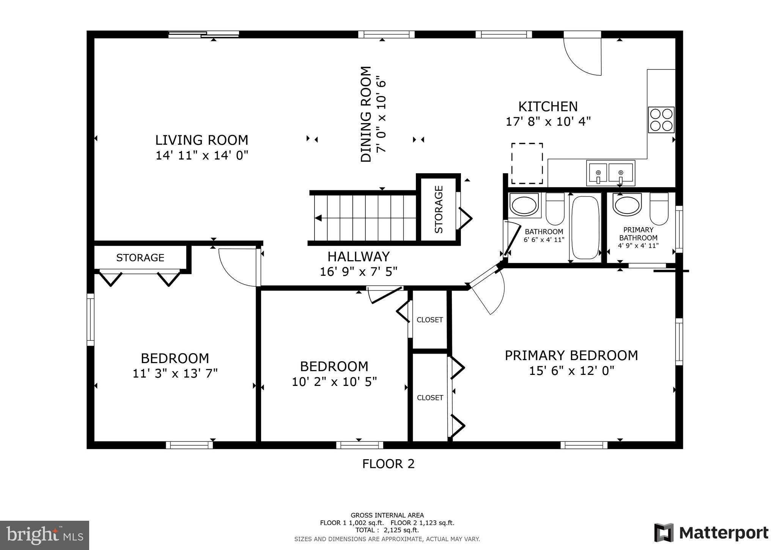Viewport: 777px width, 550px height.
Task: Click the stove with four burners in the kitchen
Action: pyautogui.click(x=661, y=120)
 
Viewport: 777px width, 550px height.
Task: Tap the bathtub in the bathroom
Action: pyautogui.click(x=585, y=228)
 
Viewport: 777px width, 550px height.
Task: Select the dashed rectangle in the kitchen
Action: pyautogui.click(x=527, y=163)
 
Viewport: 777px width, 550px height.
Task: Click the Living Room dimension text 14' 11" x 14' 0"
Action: pyautogui.click(x=202, y=155)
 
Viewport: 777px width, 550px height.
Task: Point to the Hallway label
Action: pyautogui.click(x=359, y=257)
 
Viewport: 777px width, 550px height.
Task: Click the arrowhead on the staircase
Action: pyautogui.click(x=319, y=218)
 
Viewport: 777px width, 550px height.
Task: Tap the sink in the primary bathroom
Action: pyautogui.click(x=628, y=205)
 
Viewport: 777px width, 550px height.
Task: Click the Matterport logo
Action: pyautogui.click(x=711, y=533)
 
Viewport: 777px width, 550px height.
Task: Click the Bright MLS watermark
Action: pyautogui.click(x=44, y=536)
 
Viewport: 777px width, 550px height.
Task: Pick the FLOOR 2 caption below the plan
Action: pyautogui.click(x=388, y=464)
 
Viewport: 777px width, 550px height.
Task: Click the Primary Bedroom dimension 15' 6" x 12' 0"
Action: pyautogui.click(x=571, y=370)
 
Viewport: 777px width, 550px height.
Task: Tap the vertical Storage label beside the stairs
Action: pyautogui.click(x=439, y=209)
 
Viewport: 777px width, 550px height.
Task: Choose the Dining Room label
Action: pyautogui.click(x=366, y=114)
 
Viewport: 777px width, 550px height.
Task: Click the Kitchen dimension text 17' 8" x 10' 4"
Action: pyautogui.click(x=548, y=122)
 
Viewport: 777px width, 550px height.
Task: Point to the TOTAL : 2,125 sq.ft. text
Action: pyautogui.click(x=387, y=530)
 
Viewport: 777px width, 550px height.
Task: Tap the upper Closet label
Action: pyautogui.click(x=429, y=320)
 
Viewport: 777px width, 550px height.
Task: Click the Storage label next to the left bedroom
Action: pyautogui.click(x=140, y=258)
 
